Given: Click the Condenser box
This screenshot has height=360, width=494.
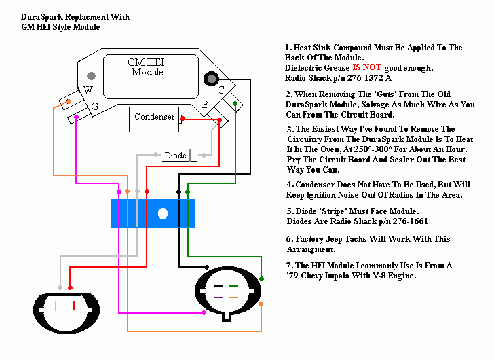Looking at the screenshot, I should (154, 118).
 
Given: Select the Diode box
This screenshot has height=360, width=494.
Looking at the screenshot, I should (175, 156).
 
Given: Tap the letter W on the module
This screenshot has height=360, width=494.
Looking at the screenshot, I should (88, 90).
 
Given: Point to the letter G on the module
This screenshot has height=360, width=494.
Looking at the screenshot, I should (95, 107).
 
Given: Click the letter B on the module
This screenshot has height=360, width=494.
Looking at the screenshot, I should (205, 105).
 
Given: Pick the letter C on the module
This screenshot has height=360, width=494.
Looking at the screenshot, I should (221, 90).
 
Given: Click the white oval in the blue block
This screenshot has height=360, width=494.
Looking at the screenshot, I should (163, 214).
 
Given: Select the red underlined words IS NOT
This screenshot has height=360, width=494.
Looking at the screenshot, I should (366, 68).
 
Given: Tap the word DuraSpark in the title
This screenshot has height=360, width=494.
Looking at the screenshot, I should (43, 16).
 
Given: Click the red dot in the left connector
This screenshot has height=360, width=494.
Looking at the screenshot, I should (71, 287).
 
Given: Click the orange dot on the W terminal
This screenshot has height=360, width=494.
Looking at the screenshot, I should (68, 103).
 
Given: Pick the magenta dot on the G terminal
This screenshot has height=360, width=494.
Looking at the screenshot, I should (76, 118).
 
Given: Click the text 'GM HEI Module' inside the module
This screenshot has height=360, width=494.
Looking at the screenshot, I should (147, 67).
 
